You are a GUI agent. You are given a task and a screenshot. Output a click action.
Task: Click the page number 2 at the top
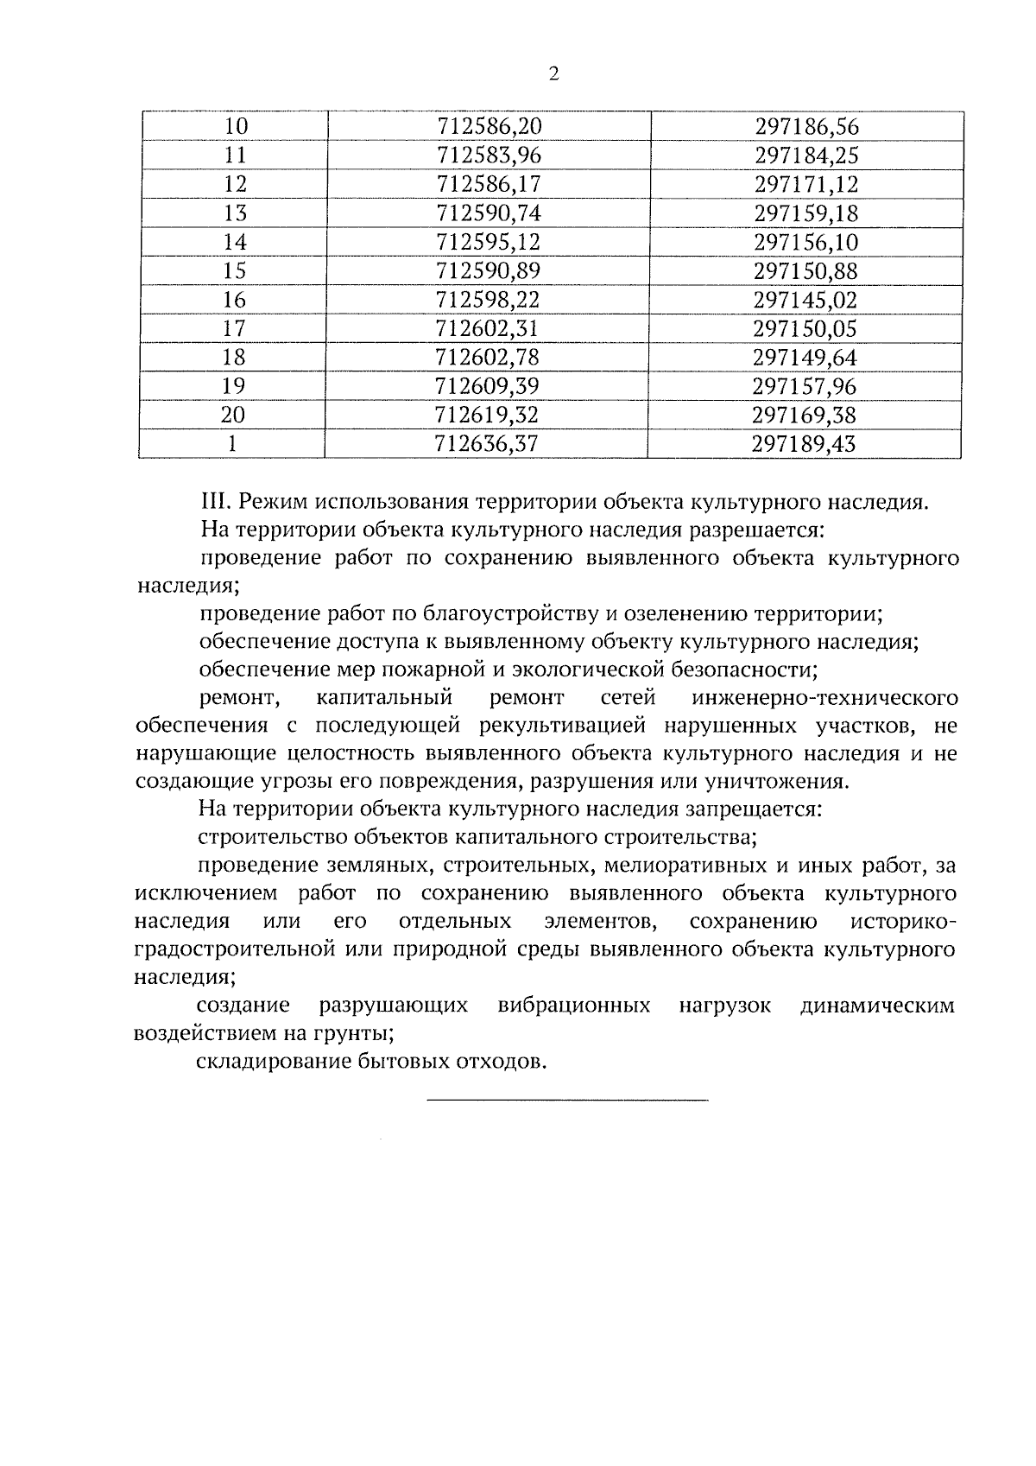(553, 74)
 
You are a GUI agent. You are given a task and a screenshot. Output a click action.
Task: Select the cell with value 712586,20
(490, 127)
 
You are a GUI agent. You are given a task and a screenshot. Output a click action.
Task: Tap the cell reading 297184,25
(806, 156)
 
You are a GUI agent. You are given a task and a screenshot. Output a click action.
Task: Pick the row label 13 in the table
(235, 213)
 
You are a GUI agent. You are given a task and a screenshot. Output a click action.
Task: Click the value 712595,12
(489, 242)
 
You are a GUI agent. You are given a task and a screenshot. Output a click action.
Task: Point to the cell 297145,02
(805, 301)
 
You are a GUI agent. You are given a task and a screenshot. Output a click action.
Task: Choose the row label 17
(234, 329)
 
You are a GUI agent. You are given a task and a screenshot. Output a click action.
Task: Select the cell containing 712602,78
(488, 358)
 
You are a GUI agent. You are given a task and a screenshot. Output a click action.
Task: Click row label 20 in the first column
(233, 416)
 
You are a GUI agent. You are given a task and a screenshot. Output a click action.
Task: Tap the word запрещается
(754, 810)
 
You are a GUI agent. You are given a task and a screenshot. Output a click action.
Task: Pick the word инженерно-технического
(824, 698)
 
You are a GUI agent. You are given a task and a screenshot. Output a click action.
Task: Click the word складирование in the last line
(271, 1062)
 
